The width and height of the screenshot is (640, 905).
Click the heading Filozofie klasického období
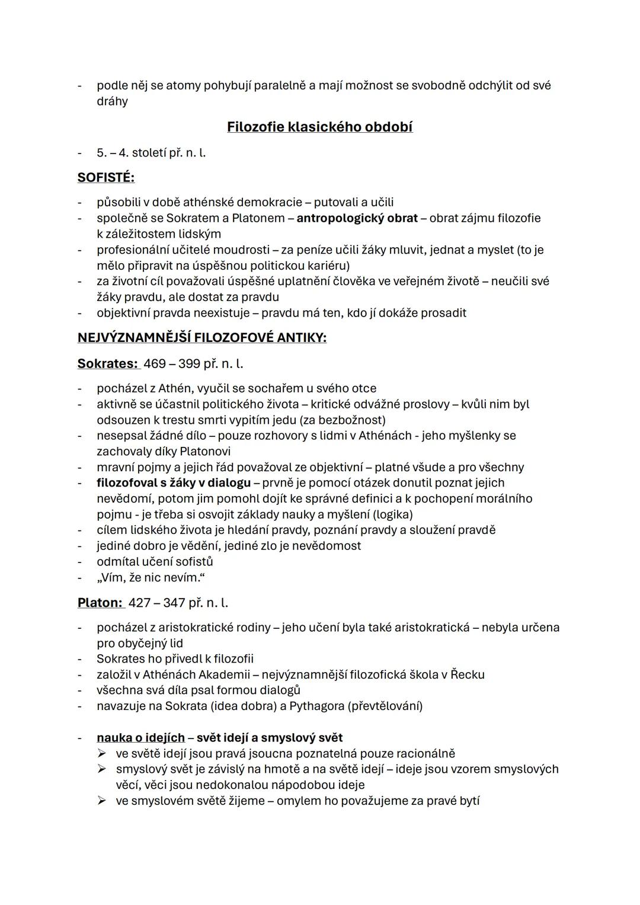tap(319, 127)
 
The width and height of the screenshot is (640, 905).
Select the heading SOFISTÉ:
tap(106, 177)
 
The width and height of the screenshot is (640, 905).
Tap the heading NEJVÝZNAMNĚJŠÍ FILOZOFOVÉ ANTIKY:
tap(201, 338)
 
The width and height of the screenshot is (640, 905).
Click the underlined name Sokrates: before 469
tap(107, 363)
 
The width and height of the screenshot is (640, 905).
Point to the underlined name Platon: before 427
tap(100, 603)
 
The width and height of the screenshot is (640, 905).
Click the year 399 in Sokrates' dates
tap(189, 363)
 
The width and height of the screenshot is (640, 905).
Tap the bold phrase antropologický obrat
tap(357, 218)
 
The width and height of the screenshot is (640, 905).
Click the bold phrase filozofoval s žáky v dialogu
tap(174, 483)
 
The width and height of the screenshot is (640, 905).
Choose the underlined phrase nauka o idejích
tap(140, 738)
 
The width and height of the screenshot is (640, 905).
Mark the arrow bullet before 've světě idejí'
tap(102, 754)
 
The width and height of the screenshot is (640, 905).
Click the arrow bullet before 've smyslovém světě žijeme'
tap(102, 801)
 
